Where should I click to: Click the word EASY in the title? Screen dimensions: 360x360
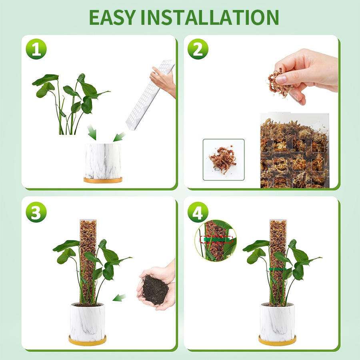[x=112, y=18]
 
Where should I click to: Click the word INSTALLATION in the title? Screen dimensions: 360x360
[x=210, y=18]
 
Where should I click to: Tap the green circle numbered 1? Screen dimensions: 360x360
[x=36, y=49]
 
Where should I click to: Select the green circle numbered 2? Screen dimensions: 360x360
[x=198, y=49]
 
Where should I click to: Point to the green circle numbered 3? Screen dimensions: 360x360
[x=36, y=212]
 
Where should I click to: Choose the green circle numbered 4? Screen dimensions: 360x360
[x=198, y=212]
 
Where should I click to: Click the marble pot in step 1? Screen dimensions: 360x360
[x=103, y=161]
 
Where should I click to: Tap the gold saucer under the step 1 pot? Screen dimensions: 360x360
[x=103, y=180]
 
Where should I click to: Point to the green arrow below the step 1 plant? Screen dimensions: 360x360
[x=92, y=132]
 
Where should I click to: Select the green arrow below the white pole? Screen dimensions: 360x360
[x=119, y=137]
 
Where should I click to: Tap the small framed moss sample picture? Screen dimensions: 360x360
[x=223, y=160]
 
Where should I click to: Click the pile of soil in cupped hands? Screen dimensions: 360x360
[x=155, y=290]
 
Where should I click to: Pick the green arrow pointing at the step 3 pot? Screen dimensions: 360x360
[x=119, y=298]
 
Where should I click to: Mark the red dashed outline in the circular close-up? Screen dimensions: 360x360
[x=216, y=240]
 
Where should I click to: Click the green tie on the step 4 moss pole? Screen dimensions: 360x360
[x=278, y=269]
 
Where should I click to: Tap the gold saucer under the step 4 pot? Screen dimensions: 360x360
[x=277, y=340]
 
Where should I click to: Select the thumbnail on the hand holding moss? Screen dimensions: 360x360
[x=281, y=79]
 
